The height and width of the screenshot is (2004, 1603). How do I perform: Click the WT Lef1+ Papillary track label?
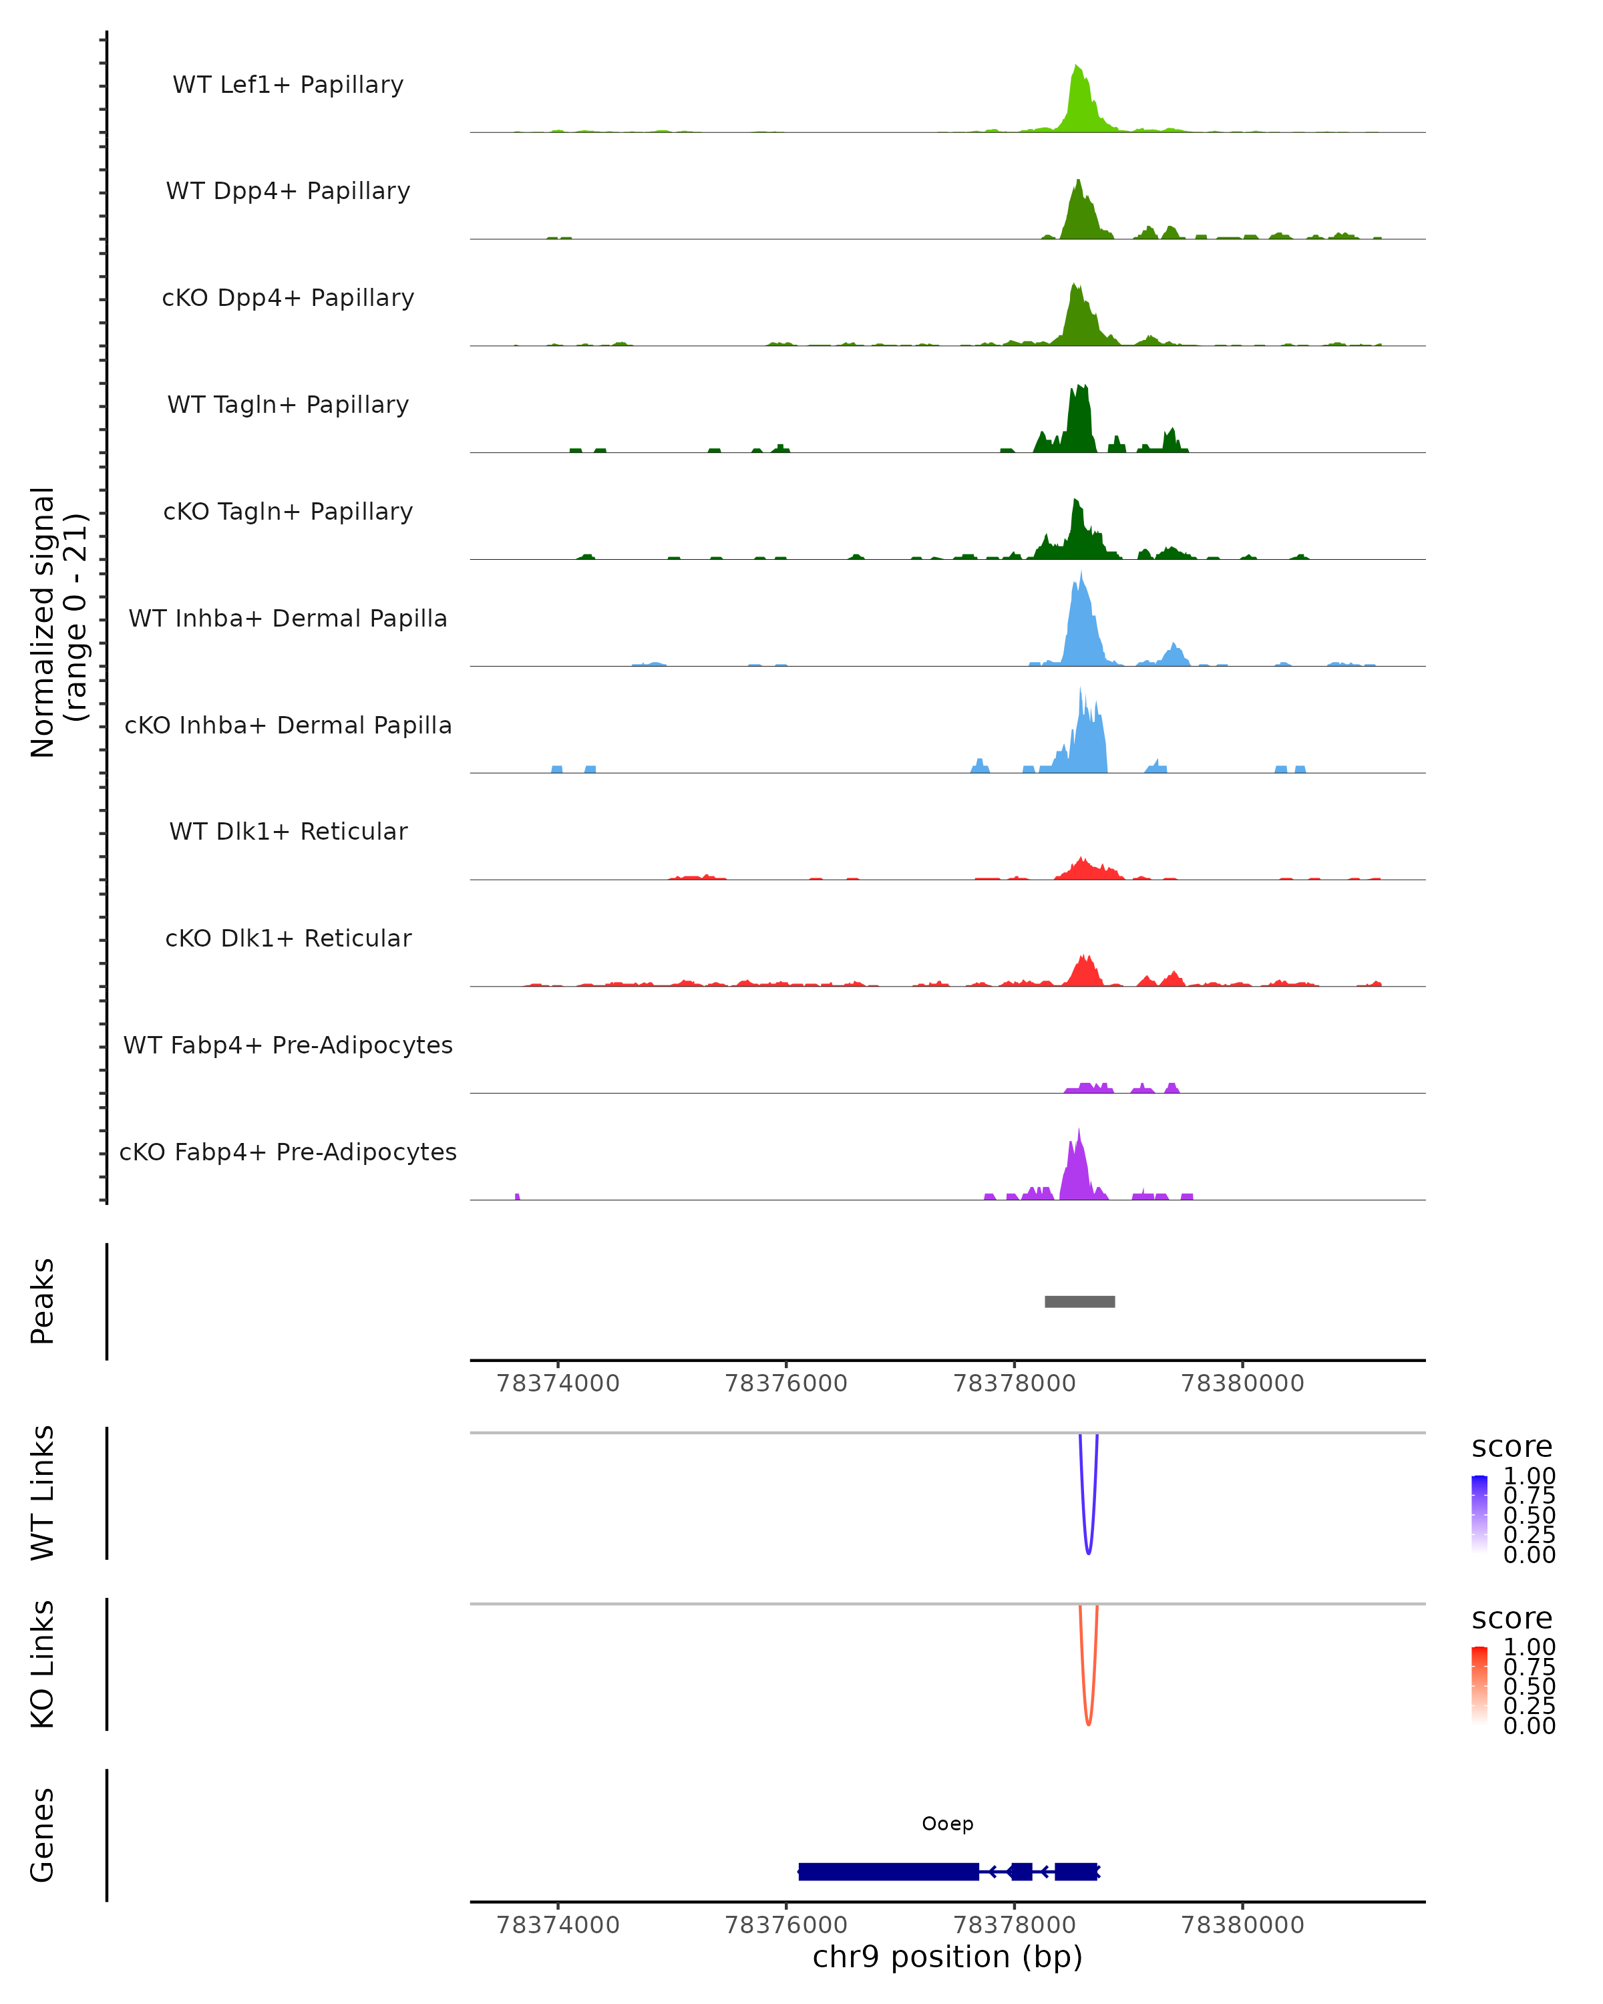[x=288, y=85]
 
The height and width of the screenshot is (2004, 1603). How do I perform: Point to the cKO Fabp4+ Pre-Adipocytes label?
[x=288, y=1152]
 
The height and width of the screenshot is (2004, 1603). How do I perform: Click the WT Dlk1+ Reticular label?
[x=288, y=831]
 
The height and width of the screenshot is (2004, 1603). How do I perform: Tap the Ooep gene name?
[x=947, y=1824]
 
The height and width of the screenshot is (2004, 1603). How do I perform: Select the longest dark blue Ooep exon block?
[x=888, y=1871]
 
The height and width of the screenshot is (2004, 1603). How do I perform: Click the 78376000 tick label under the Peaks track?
[x=785, y=1383]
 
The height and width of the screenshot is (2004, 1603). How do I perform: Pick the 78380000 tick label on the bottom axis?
[x=1242, y=1925]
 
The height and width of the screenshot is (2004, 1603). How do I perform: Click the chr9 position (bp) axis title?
[x=947, y=1957]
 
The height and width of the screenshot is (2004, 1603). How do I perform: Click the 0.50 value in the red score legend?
[x=1529, y=1686]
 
